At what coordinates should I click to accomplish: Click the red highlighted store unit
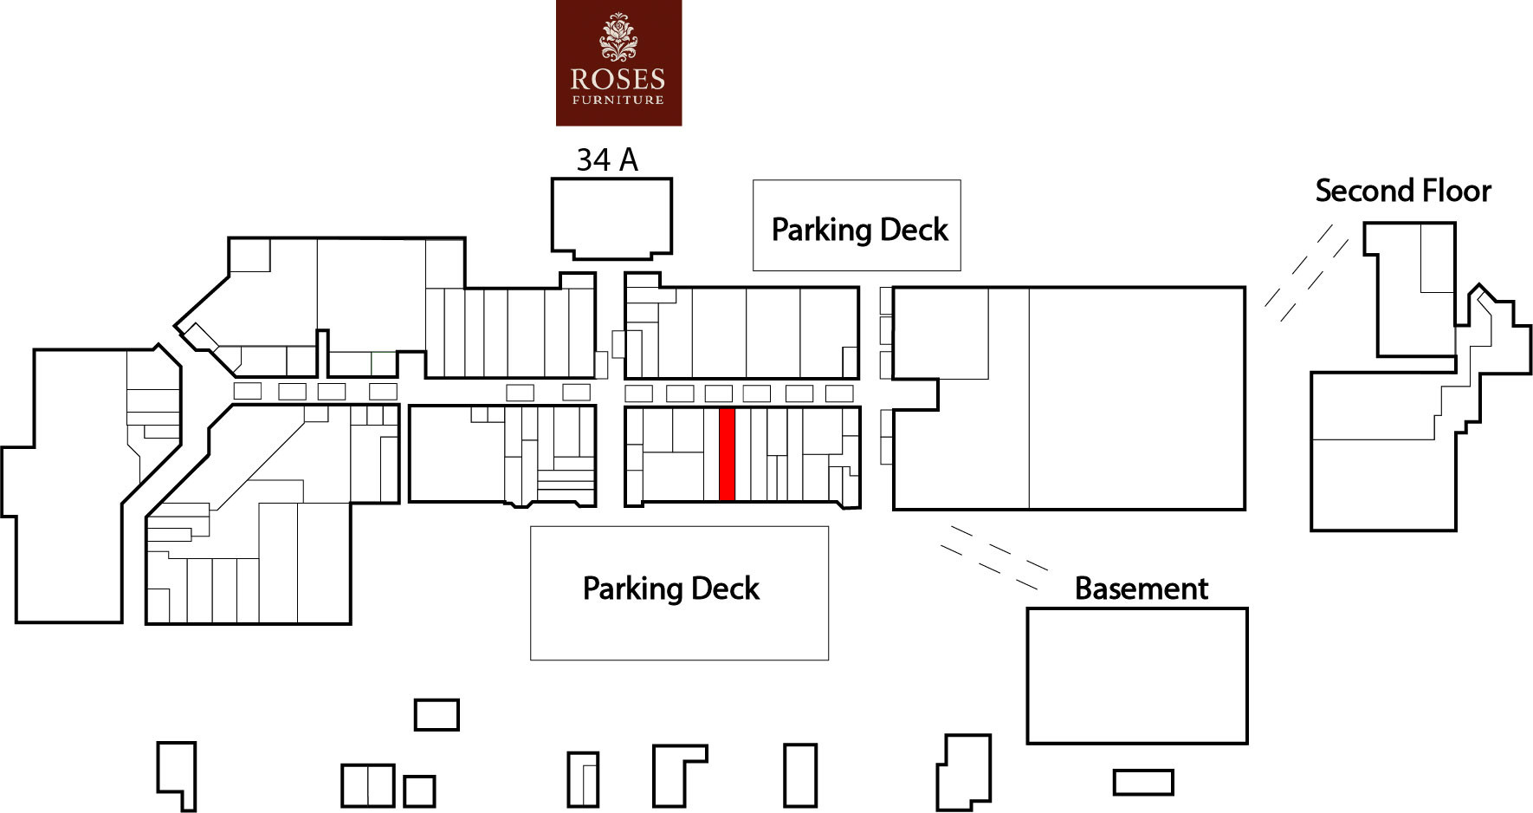pyautogui.click(x=728, y=454)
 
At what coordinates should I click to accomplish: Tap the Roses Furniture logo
pyautogui.click(x=618, y=62)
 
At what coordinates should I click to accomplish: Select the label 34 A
pyautogui.click(x=607, y=159)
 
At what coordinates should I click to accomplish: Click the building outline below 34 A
pyautogui.click(x=611, y=179)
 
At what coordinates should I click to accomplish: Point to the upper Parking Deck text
pyautogui.click(x=859, y=230)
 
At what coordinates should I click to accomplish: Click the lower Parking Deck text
pyautogui.click(x=670, y=589)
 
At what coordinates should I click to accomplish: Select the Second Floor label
pyautogui.click(x=1403, y=191)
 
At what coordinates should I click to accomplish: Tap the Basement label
pyautogui.click(x=1141, y=589)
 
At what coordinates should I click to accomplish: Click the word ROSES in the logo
pyautogui.click(x=618, y=80)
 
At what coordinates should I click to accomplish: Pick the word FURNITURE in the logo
pyautogui.click(x=618, y=100)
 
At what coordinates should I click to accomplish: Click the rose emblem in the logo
pyautogui.click(x=618, y=37)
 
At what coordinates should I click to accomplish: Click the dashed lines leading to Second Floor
pyautogui.click(x=1307, y=273)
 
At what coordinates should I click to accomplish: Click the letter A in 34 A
pyautogui.click(x=629, y=159)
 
